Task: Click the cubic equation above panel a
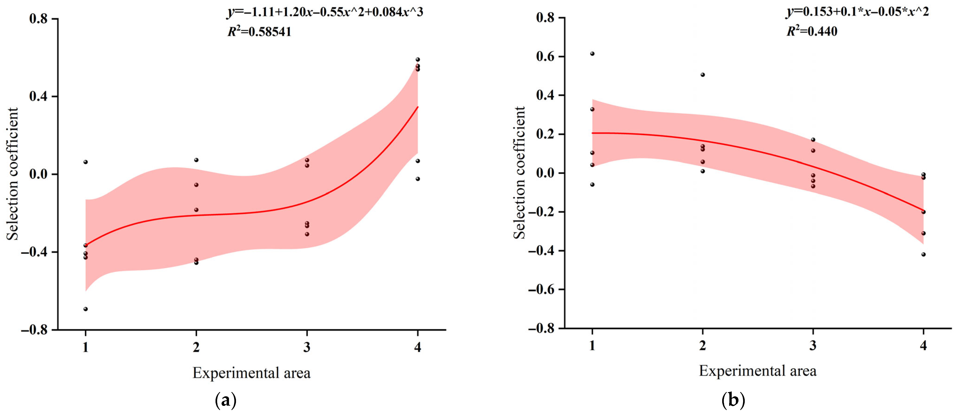325,12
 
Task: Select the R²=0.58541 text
259,32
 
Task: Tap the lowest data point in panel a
85,309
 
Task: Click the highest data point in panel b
592,53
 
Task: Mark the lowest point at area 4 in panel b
923,254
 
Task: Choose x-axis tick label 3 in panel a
307,347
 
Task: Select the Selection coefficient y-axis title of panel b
519,173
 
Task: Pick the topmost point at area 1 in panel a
85,162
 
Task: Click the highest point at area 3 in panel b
813,140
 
